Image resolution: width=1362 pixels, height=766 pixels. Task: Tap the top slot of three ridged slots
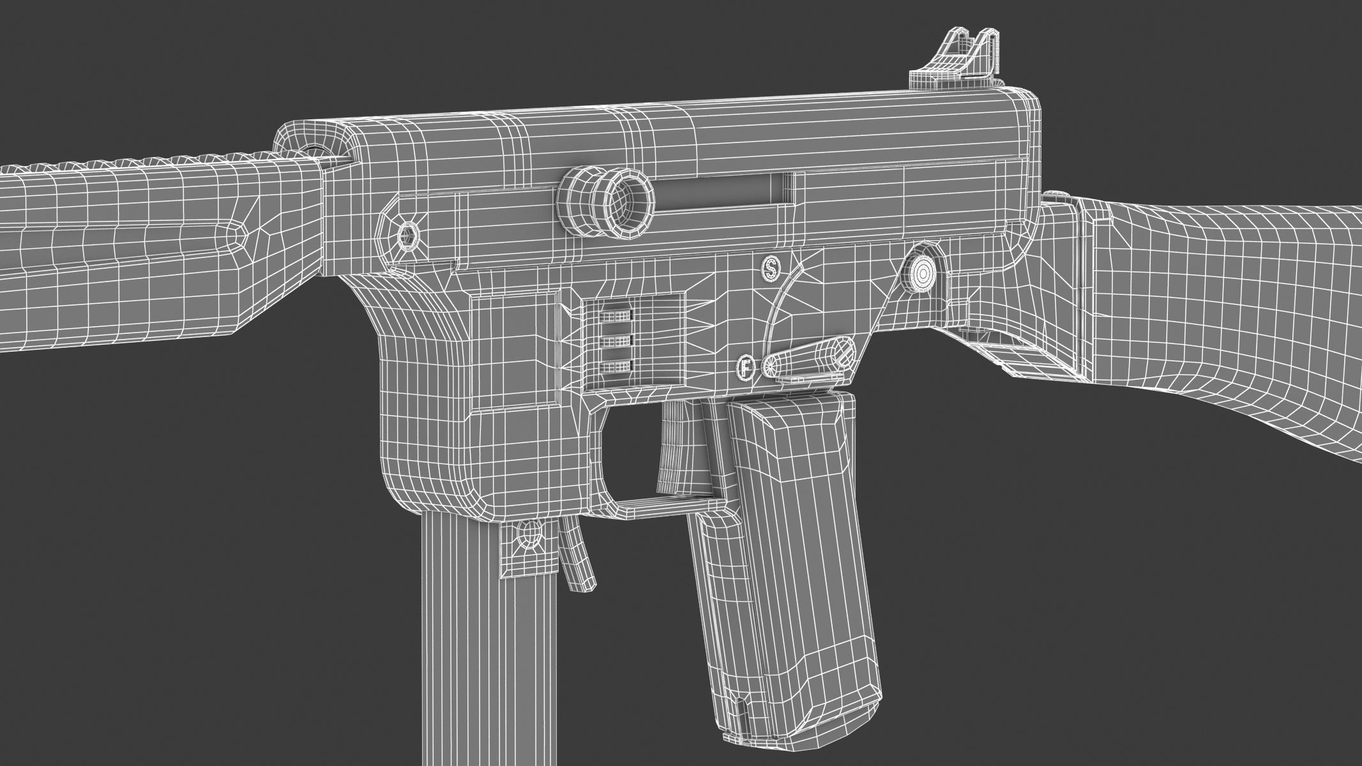click(x=616, y=315)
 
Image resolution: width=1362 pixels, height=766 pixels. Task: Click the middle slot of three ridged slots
click(x=616, y=340)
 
